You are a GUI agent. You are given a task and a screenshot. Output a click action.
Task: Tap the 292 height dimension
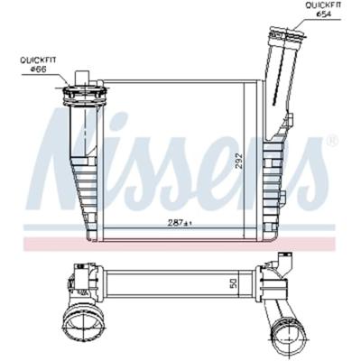[x=238, y=159]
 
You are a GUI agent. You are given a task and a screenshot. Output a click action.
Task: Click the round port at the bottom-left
[x=83, y=323]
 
